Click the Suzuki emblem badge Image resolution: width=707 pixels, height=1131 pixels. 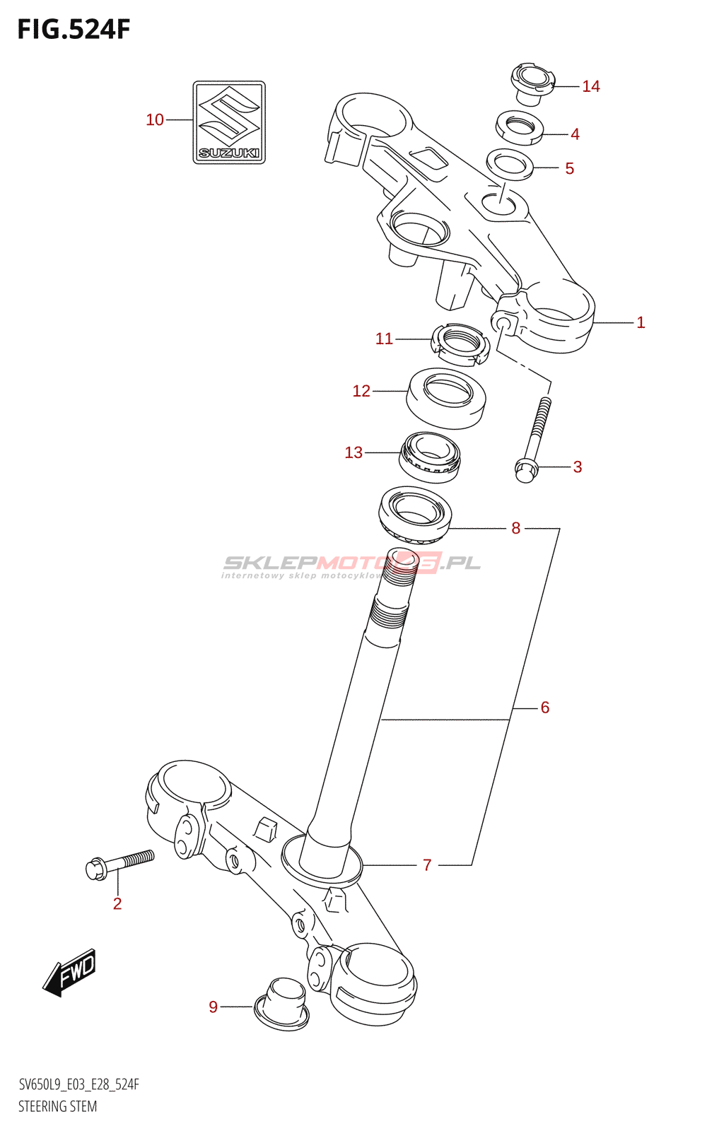tap(229, 122)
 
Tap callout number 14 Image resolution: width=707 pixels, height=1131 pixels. tap(590, 86)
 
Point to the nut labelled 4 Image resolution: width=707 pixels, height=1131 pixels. tap(520, 127)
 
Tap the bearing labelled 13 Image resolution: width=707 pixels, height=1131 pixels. tap(430, 457)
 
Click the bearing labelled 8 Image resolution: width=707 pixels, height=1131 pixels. tap(416, 511)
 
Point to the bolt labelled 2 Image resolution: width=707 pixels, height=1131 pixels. tap(119, 864)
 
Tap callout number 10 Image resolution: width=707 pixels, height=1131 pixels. tap(155, 120)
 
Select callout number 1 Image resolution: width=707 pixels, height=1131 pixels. tap(641, 322)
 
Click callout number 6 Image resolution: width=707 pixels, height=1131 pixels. tap(545, 707)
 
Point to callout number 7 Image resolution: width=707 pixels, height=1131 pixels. tap(427, 865)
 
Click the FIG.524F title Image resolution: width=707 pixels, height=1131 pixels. tap(74, 30)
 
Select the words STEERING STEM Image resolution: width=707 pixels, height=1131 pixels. tap(58, 1106)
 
